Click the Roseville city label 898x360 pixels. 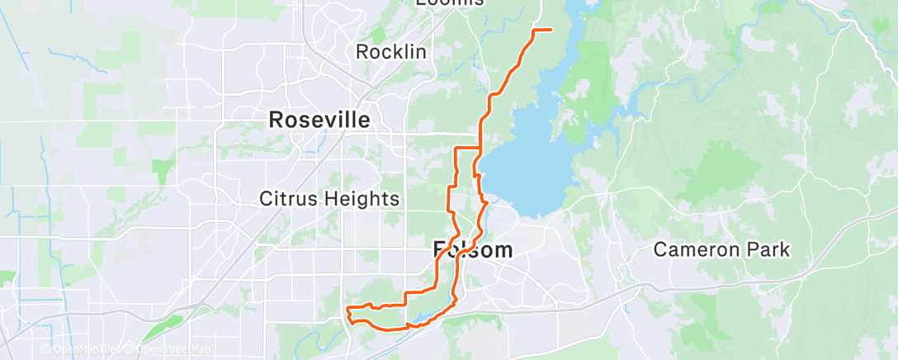coord(319,120)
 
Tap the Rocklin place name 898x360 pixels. coord(391,52)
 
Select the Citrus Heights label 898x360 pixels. coord(329,199)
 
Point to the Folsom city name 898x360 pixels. coord(473,250)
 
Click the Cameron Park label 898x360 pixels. coord(722,249)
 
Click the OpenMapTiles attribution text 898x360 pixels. coord(87,349)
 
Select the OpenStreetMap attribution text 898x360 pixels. coord(173,349)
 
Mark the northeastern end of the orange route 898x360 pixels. coord(551,30)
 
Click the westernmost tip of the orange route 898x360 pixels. coord(347,310)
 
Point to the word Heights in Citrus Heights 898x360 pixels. coord(360,199)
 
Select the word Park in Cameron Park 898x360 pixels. coord(769,249)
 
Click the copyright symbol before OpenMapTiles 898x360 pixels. coord(47,349)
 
